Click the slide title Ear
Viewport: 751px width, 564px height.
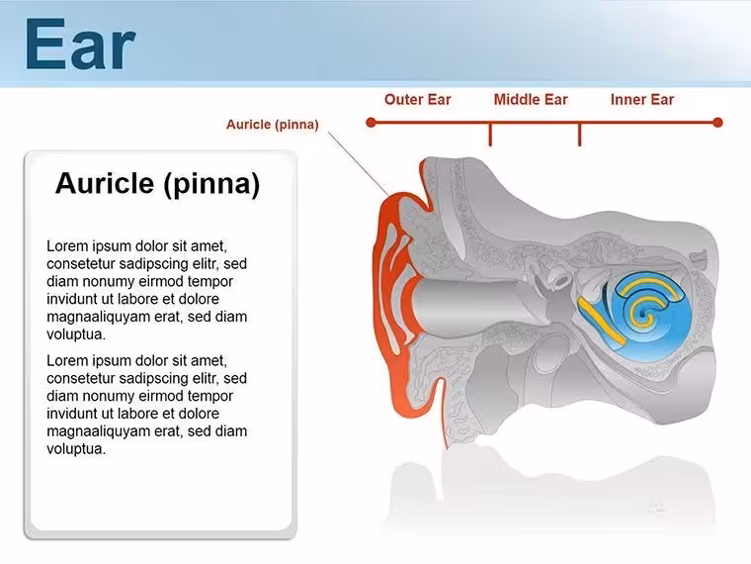(80, 45)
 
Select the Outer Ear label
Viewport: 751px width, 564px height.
(418, 99)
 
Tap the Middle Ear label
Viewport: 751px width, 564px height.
(531, 99)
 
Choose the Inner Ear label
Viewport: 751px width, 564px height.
(642, 99)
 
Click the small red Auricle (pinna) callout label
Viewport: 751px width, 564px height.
(273, 125)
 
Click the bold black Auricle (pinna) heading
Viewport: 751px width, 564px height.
(157, 184)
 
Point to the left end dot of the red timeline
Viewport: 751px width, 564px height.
(371, 123)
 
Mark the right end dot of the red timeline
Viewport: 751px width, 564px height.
(717, 123)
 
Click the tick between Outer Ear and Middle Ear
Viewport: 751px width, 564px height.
(490, 135)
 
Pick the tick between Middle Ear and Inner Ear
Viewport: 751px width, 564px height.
(579, 135)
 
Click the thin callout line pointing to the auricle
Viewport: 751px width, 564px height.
(359, 164)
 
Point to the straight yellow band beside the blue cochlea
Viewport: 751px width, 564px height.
(601, 321)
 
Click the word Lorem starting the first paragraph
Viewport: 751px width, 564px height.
(67, 246)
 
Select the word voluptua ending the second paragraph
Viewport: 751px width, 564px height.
(76, 449)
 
